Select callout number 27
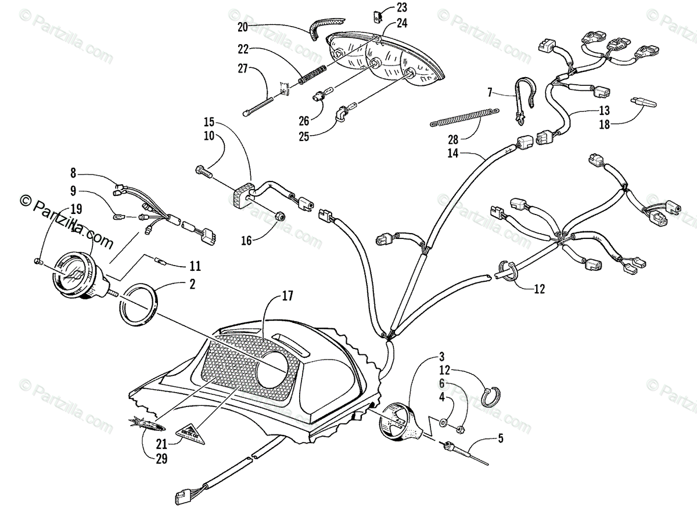243,68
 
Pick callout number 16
247,240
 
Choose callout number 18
605,125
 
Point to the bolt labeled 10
203,171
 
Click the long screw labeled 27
270,101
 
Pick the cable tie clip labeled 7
520,101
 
